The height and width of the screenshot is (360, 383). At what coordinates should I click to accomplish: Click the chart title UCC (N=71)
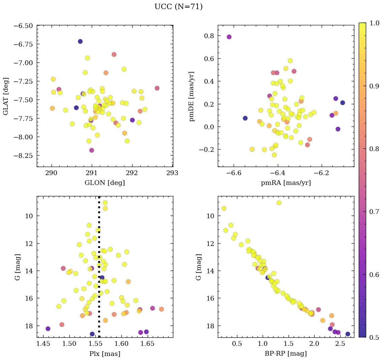pyautogui.click(x=178, y=7)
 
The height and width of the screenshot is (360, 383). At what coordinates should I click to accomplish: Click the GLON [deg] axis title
pyautogui.click(x=105, y=183)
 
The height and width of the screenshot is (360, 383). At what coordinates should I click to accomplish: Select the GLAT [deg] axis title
pyautogui.click(x=6, y=96)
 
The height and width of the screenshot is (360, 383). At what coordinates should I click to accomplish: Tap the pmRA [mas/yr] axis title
pyautogui.click(x=286, y=183)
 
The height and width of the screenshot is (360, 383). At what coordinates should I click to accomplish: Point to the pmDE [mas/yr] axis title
pyautogui.click(x=192, y=96)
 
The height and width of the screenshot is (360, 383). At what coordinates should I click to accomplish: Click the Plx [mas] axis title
pyautogui.click(x=105, y=354)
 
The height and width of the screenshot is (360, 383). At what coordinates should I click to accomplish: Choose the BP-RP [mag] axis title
pyautogui.click(x=286, y=354)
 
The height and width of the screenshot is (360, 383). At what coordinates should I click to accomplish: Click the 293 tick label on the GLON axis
pyautogui.click(x=172, y=173)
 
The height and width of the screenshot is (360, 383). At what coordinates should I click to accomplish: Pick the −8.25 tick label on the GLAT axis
pyautogui.click(x=23, y=156)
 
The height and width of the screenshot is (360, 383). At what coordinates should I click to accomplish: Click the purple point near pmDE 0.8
pyautogui.click(x=229, y=37)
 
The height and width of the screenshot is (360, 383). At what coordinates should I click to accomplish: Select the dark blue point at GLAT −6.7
pyautogui.click(x=80, y=41)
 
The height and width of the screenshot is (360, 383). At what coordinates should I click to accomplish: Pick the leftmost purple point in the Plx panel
pyautogui.click(x=48, y=329)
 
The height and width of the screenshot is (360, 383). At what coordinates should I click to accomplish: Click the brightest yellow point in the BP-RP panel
pyautogui.click(x=279, y=203)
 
